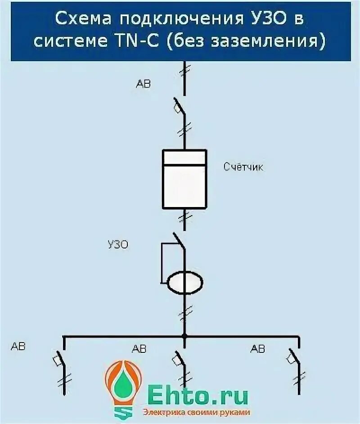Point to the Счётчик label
coord(244,167)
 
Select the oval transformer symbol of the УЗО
coord(185,283)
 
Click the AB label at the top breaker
coord(143,84)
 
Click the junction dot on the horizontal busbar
coord(184,336)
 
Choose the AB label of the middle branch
coord(139,349)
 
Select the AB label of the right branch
coord(258,349)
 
